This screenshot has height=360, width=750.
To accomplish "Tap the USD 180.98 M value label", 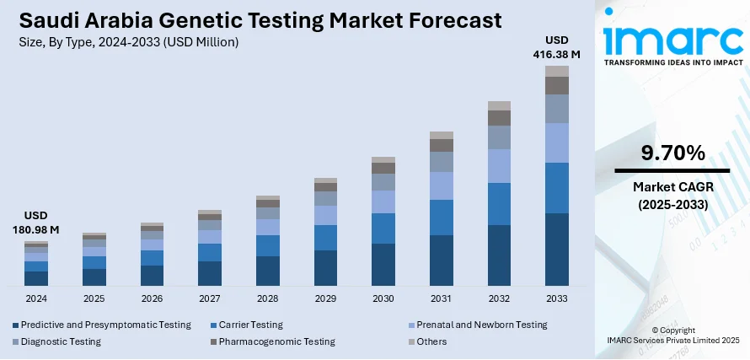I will pos(36,222).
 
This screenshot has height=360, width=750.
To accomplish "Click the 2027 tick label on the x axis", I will pos(210,299).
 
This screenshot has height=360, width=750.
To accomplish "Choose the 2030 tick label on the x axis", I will pos(383,299).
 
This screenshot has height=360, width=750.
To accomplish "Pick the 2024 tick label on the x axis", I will pos(36,299).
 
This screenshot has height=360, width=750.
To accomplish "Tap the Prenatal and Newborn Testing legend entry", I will pos(476,325).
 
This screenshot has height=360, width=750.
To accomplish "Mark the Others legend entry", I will pos(431,341).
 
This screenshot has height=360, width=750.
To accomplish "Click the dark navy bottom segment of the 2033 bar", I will pos(557,249).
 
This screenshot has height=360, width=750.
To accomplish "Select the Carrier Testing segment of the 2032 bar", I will pos(500,204).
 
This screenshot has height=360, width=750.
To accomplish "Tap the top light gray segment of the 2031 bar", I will pos(442,135).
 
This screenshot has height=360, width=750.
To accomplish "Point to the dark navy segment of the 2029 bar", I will pos(325,267).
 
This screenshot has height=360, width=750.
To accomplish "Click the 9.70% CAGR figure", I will pos(672,153).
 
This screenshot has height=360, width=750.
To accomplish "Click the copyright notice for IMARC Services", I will pos(672,335).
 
